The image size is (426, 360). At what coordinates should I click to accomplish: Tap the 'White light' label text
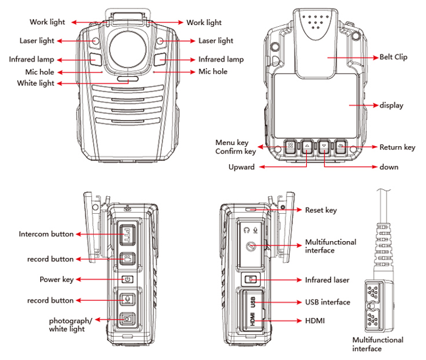(x=35, y=83)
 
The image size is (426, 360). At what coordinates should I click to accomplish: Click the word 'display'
(x=391, y=105)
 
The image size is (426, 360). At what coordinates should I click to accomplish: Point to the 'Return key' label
(x=397, y=147)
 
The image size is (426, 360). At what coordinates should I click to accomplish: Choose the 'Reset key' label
(x=321, y=210)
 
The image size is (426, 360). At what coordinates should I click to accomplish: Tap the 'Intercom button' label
(x=46, y=234)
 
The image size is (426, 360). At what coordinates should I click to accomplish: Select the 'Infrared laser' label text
(x=327, y=280)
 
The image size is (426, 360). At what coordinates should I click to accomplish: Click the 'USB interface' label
(x=327, y=302)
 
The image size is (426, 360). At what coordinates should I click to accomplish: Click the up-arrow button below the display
(x=307, y=147)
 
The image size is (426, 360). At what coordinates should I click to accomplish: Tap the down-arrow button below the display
(x=324, y=147)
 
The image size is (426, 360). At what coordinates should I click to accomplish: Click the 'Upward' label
(x=241, y=168)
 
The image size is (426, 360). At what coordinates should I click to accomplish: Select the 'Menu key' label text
(x=232, y=143)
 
